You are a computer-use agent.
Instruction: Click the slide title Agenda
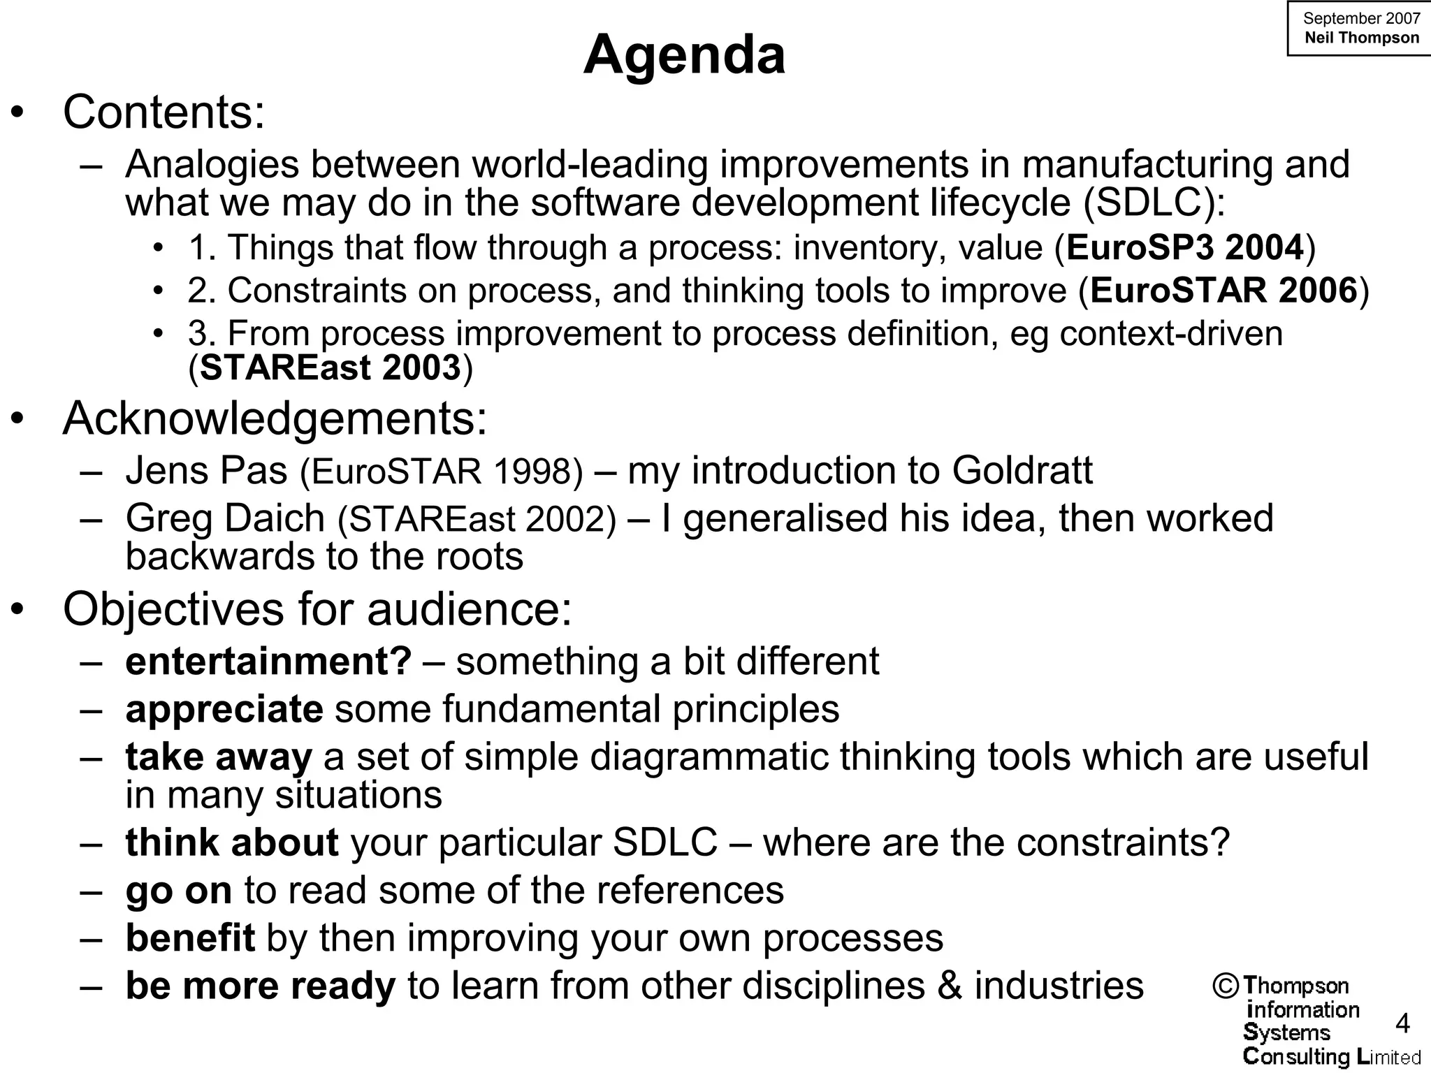684,54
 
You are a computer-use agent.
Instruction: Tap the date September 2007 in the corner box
1361,18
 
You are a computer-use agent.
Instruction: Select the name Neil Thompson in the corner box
1361,38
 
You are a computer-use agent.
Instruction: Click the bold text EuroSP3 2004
1186,247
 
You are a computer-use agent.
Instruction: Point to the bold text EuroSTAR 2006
1223,290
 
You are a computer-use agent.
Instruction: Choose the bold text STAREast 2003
330,367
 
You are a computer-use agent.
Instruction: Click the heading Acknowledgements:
275,418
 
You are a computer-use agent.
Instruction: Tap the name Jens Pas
206,470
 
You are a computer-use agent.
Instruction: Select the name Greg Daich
225,518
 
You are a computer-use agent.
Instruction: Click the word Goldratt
1022,470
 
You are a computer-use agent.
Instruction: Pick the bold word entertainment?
268,661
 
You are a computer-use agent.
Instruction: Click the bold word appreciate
224,709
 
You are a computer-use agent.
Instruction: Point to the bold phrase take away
218,757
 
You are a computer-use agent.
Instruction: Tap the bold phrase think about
232,842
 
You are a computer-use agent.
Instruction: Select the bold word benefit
190,937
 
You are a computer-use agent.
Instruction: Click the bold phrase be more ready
261,986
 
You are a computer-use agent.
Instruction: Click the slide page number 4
1402,1024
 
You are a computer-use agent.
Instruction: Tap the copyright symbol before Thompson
1226,986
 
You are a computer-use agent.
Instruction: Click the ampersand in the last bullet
950,986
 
